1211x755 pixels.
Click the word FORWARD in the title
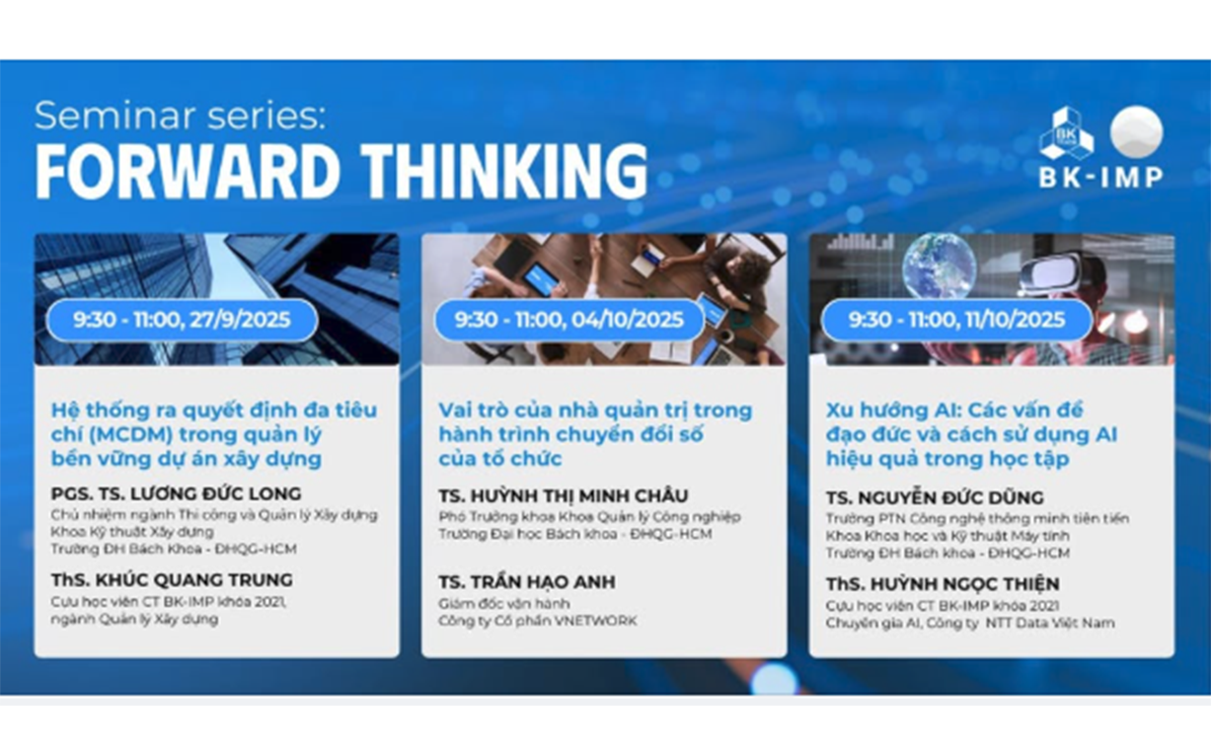tap(188, 172)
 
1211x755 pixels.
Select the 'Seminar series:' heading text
tap(180, 115)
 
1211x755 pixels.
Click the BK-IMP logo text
tap(1100, 178)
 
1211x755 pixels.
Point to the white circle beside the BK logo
tap(1136, 132)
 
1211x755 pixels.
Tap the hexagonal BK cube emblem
tap(1067, 133)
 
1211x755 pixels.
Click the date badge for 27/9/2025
tap(182, 320)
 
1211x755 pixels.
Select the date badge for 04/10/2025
tap(569, 320)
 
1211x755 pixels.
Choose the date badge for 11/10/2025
tap(956, 320)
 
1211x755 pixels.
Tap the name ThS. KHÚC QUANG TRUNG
tap(172, 580)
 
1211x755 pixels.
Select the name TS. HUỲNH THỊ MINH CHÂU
tap(564, 495)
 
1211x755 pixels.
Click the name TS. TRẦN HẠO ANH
tap(527, 582)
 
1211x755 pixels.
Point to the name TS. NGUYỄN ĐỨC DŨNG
tap(935, 497)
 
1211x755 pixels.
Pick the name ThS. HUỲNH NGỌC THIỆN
tap(943, 583)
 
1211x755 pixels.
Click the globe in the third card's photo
tap(939, 264)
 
